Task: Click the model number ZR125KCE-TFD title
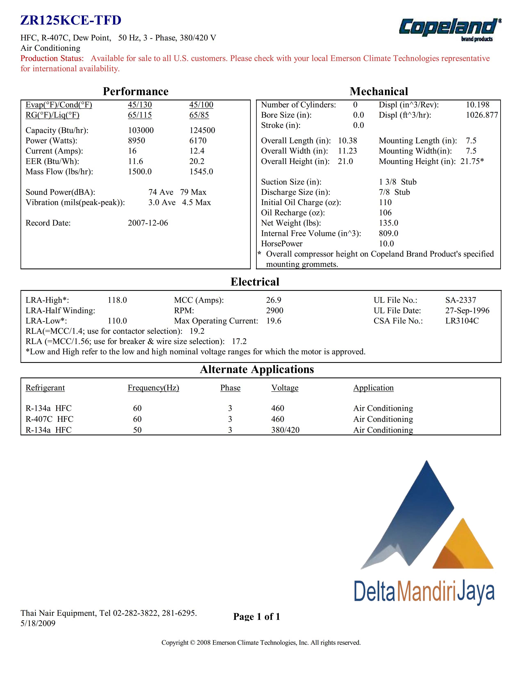coord(71,21)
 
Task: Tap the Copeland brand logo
coord(450,29)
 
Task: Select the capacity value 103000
coord(141,130)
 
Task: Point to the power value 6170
coord(198,141)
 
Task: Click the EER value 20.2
coord(197,161)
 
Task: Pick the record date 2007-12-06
coord(148,223)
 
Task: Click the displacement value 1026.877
coord(482,115)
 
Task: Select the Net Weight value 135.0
coord(388,223)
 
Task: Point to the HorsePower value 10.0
coord(386,244)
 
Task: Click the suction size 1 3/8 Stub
coord(398,182)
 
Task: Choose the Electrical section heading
coord(255,282)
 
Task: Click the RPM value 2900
coord(275,311)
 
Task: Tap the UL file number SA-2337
coord(460,300)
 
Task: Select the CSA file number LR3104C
coord(462,321)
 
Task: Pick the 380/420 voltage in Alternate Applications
coord(285,430)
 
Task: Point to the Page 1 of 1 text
coord(256,617)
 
